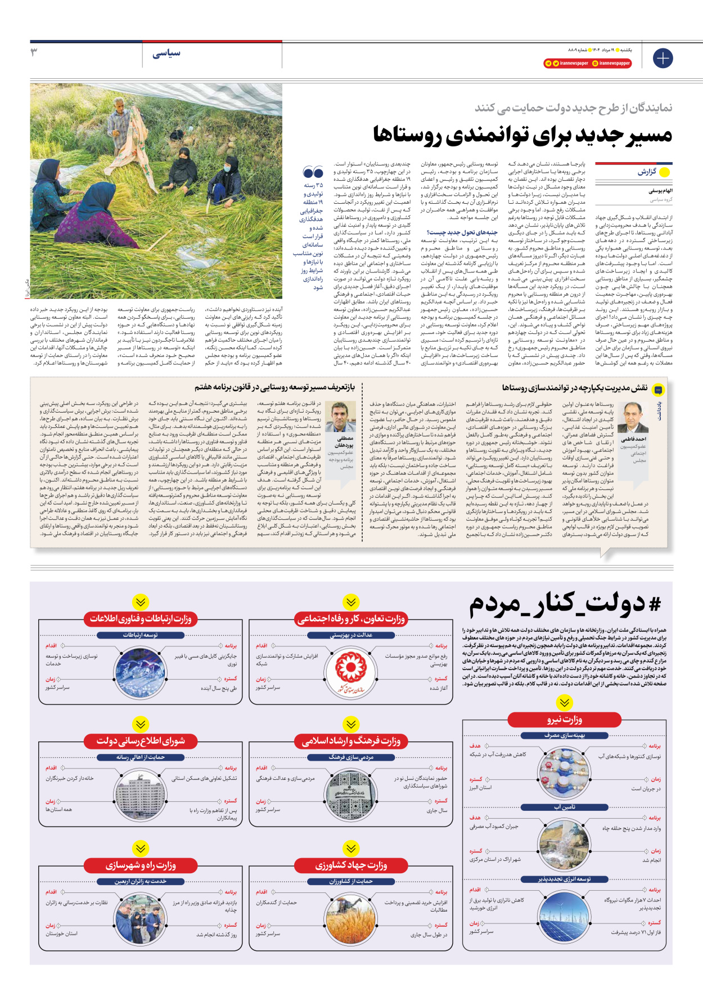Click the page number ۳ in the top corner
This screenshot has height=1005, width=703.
pyautogui.click(x=34, y=52)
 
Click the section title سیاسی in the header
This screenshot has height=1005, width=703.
pyautogui.click(x=166, y=53)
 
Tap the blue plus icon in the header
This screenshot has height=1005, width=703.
pyautogui.click(x=663, y=58)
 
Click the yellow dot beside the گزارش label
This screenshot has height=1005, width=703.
pyautogui.click(x=664, y=172)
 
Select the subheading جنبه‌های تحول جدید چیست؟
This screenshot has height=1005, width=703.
pyautogui.click(x=462, y=232)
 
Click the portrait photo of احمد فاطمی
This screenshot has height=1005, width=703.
pyautogui.click(x=633, y=417)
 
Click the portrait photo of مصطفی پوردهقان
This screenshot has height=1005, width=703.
pyautogui.click(x=341, y=417)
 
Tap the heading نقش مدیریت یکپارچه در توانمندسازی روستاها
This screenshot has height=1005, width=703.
pyautogui.click(x=574, y=388)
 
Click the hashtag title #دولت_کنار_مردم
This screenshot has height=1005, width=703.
pyautogui.click(x=565, y=604)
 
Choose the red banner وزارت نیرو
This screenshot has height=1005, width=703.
pyautogui.click(x=564, y=720)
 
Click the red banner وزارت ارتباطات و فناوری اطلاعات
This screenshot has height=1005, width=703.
pyautogui.click(x=141, y=619)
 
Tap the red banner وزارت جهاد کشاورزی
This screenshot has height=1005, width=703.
pyautogui.click(x=351, y=865)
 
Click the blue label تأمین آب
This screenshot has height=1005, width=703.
pyautogui.click(x=565, y=807)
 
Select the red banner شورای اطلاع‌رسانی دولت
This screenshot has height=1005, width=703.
pyautogui.click(x=141, y=741)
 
